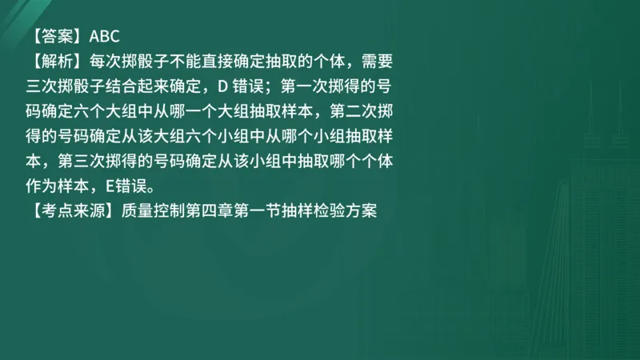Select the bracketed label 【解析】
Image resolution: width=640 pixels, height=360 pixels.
58,61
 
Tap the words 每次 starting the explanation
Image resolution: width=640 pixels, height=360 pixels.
108,61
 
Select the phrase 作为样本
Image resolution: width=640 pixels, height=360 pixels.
61,188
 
